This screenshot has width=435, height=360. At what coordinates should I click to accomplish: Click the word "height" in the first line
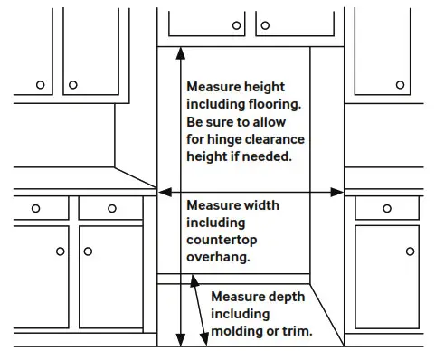pos(263,88)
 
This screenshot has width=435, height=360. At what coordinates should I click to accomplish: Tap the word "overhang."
pos(218,257)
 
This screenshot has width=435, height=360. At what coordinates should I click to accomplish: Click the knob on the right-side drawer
pos(386,208)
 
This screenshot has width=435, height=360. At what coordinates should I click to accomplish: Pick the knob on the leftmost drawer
pos(35,208)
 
